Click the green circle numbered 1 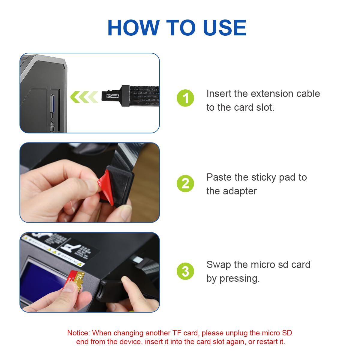coord(185,98)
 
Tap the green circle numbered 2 coord(185,184)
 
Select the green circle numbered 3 coord(185,271)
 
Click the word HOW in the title coord(133,28)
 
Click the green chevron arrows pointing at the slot coord(84,97)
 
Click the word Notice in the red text coord(78,333)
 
